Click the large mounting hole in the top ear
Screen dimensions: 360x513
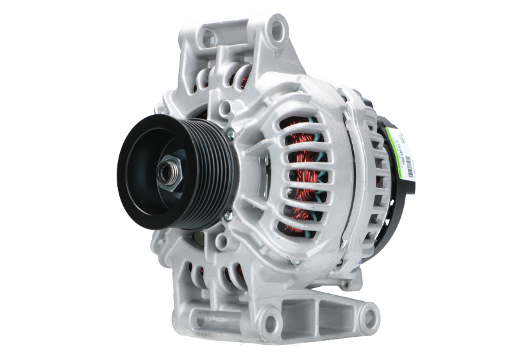click(x=277, y=29)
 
